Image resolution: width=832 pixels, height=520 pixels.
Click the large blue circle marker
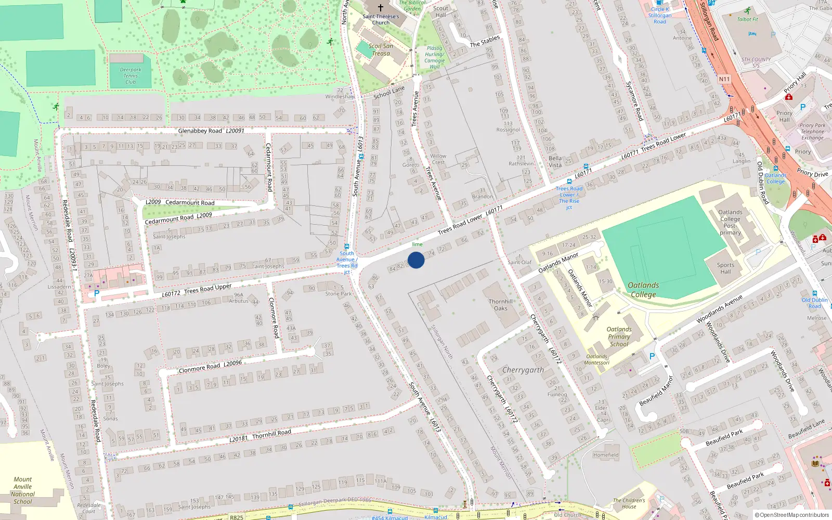(x=416, y=260)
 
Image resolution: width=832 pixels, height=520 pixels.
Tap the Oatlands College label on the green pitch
(x=643, y=290)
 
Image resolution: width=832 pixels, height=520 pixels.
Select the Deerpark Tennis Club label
(x=131, y=76)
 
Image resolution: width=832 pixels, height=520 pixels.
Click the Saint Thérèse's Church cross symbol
(x=381, y=8)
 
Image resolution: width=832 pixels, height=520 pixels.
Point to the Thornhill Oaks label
(x=500, y=305)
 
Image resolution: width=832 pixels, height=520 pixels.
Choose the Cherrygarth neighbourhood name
(x=523, y=370)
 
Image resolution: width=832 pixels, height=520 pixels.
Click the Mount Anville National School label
(x=23, y=490)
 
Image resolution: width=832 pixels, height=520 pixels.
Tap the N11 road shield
(x=724, y=79)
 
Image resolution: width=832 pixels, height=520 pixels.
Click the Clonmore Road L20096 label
(x=210, y=367)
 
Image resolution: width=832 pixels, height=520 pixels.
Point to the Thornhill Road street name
(x=271, y=434)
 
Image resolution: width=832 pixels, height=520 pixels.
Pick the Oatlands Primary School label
(x=619, y=336)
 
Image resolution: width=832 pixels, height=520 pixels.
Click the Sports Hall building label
(x=725, y=268)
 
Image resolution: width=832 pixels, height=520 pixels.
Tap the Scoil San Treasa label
(x=381, y=49)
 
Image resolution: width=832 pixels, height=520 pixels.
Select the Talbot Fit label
(x=747, y=20)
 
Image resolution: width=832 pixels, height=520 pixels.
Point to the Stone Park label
(x=339, y=294)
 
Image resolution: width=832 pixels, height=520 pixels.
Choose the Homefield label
(x=606, y=455)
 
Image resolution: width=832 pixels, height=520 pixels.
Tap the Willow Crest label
(x=438, y=159)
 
